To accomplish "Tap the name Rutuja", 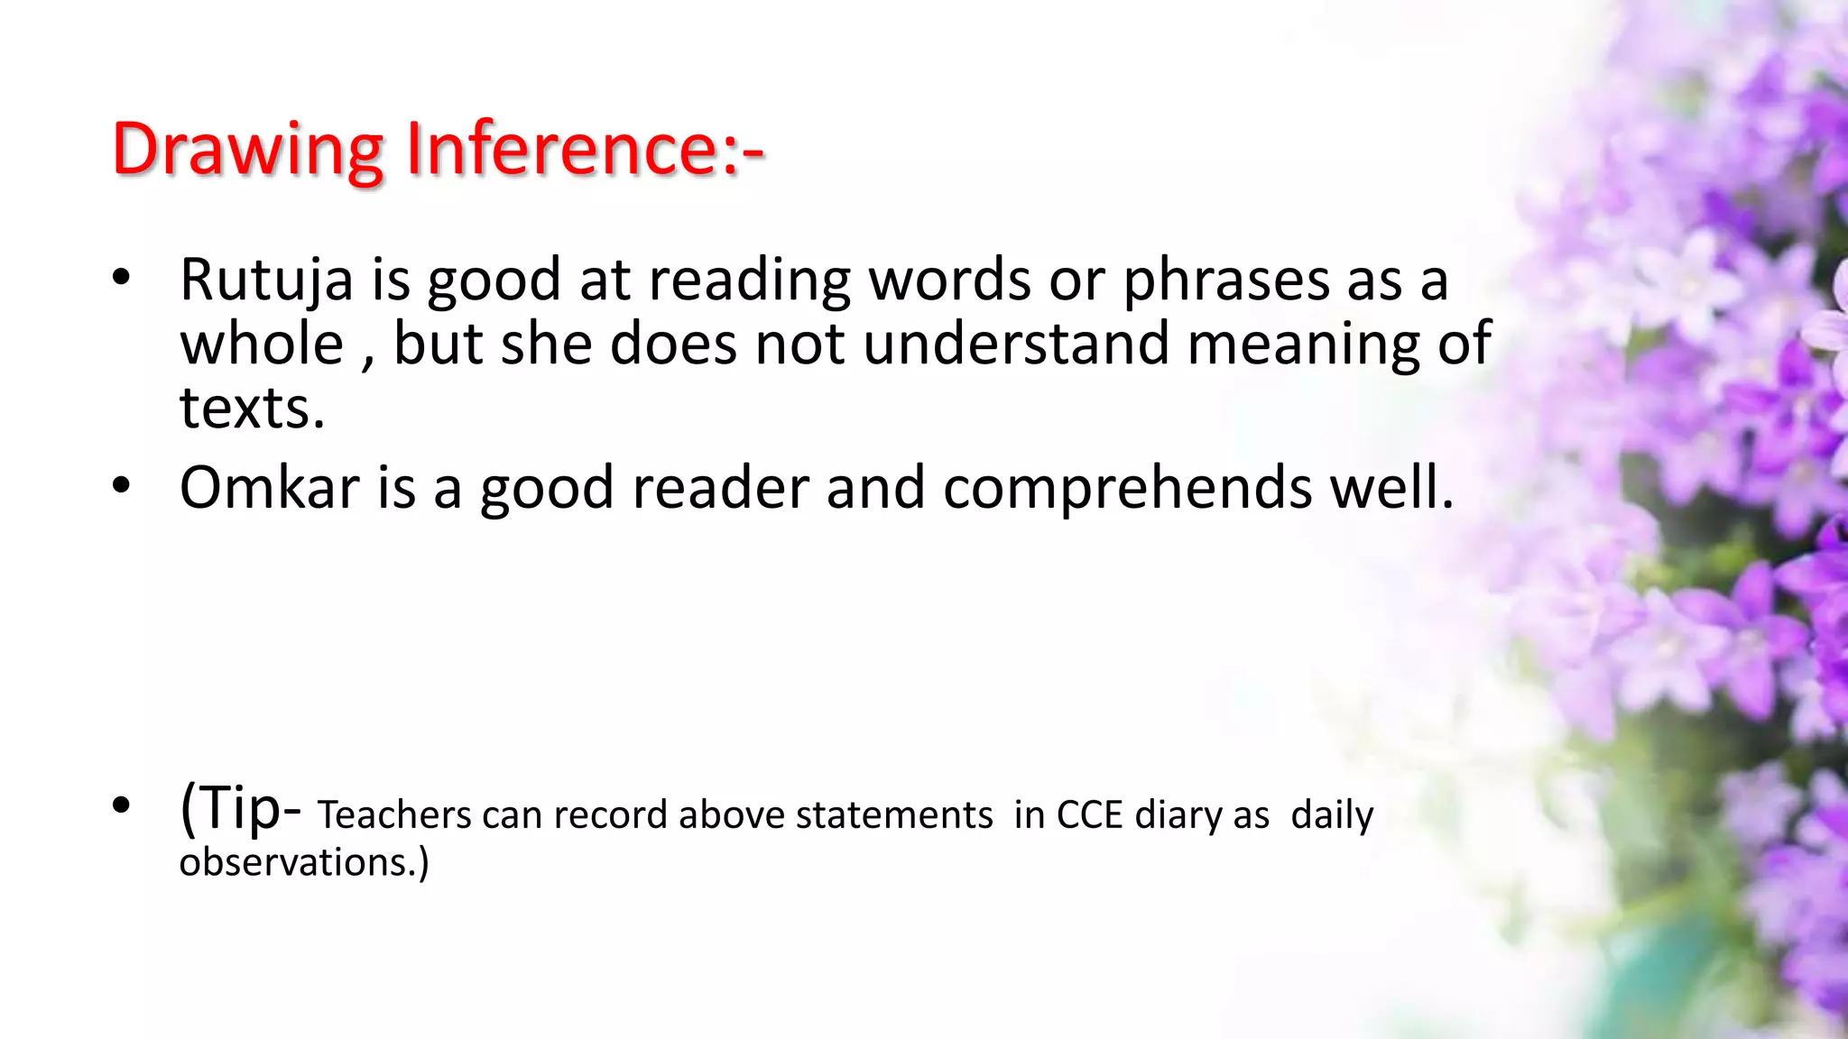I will (266, 280).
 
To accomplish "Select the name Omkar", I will (270, 488).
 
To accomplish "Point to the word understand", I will (1016, 345).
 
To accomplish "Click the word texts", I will (251, 409).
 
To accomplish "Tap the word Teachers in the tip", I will (393, 815).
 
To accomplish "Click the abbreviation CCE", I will (1089, 815).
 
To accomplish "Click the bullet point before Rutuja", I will (122, 279).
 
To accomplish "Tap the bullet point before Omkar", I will (122, 486).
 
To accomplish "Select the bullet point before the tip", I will (122, 805).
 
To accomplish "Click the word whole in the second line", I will (262, 345).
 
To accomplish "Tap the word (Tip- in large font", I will (240, 807).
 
